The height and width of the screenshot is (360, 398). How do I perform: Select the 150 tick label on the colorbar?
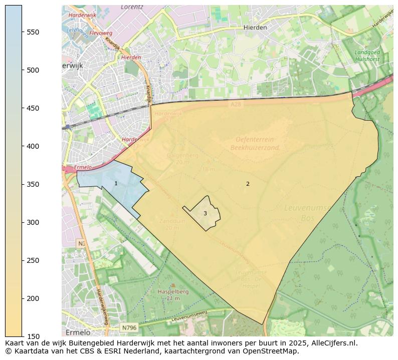(33, 336)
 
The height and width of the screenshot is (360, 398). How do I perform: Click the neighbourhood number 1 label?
(116, 184)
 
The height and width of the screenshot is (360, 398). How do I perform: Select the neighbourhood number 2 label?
(248, 184)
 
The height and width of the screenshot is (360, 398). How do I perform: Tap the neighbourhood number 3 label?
(205, 213)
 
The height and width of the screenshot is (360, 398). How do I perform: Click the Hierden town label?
(255, 28)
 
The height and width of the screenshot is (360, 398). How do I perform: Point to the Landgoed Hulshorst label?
(367, 56)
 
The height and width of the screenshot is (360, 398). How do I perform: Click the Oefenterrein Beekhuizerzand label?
(255, 144)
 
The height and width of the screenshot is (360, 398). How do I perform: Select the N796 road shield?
(129, 328)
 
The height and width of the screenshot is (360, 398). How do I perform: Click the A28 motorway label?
(236, 104)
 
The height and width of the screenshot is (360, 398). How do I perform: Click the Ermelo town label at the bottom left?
(78, 332)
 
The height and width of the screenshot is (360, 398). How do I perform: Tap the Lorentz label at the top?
(132, 8)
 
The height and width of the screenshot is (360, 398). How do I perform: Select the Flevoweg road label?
(101, 33)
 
